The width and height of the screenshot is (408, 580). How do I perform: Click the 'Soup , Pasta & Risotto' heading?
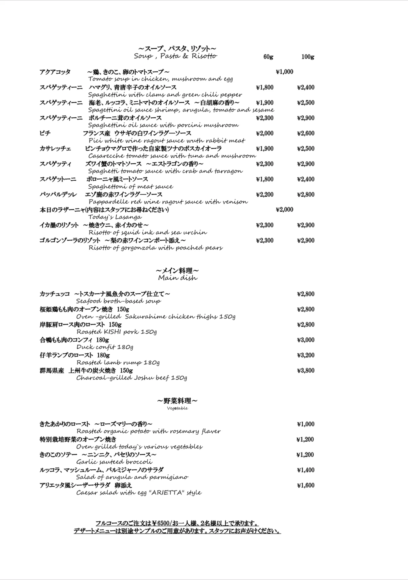(175, 56)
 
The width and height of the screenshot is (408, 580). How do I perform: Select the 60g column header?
(268, 57)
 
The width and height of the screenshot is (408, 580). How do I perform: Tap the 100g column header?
(308, 57)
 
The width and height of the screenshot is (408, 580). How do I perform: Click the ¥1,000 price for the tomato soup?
(284, 72)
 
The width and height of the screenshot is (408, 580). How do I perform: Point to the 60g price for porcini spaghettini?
(264, 118)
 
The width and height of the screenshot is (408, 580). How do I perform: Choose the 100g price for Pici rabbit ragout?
(305, 133)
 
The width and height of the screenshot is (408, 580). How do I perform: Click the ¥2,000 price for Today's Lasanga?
(284, 210)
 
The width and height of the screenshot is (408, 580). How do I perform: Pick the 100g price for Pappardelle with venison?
(305, 194)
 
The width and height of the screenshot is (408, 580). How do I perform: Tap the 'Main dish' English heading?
(178, 278)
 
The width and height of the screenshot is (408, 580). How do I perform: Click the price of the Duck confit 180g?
(305, 340)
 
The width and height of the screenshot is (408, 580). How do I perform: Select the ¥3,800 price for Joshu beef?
(305, 370)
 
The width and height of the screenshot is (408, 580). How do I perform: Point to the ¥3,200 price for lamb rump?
(305, 355)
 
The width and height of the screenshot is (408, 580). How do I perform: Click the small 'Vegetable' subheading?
(177, 408)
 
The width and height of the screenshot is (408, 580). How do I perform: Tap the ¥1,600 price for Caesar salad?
(305, 485)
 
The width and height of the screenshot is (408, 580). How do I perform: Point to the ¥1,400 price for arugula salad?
(305, 470)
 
